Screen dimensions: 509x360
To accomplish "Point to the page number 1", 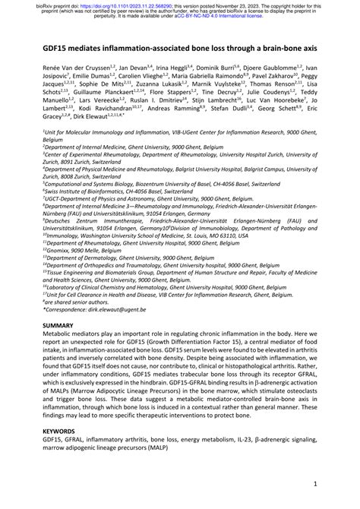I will tap(314, 482).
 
